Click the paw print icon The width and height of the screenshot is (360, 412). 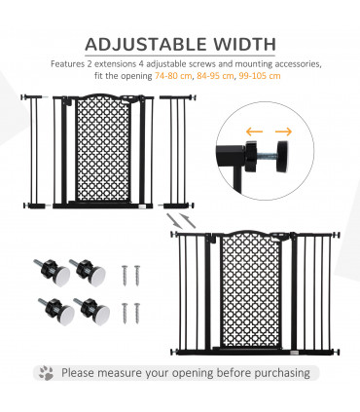click(46, 373)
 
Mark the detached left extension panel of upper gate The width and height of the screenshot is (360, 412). click(36, 151)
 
